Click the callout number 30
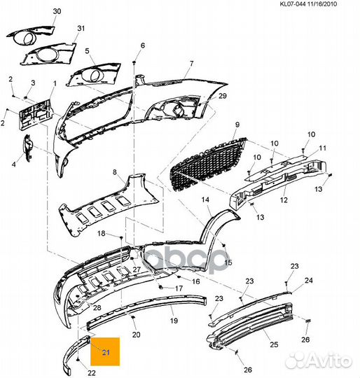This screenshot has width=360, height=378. [x=57, y=11]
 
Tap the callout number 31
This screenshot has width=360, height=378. [x=81, y=29]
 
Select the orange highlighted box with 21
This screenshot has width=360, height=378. [x=105, y=351]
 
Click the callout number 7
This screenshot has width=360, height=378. [x=192, y=64]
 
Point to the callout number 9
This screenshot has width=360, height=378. [x=237, y=125]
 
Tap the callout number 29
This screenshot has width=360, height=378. [x=223, y=96]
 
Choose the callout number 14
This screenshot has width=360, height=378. [x=205, y=199]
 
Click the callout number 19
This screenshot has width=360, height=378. [x=174, y=321]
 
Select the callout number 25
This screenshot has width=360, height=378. [x=274, y=344]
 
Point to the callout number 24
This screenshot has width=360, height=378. [x=309, y=281]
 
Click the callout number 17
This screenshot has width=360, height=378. [x=179, y=288]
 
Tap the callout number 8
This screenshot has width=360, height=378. [x=115, y=172]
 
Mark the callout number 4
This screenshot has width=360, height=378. [x=14, y=164]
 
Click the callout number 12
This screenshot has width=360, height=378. [x=284, y=199]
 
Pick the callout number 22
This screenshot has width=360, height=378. [x=91, y=373]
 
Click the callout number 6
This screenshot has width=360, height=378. [x=143, y=45]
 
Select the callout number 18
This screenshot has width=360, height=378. [x=102, y=233]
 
